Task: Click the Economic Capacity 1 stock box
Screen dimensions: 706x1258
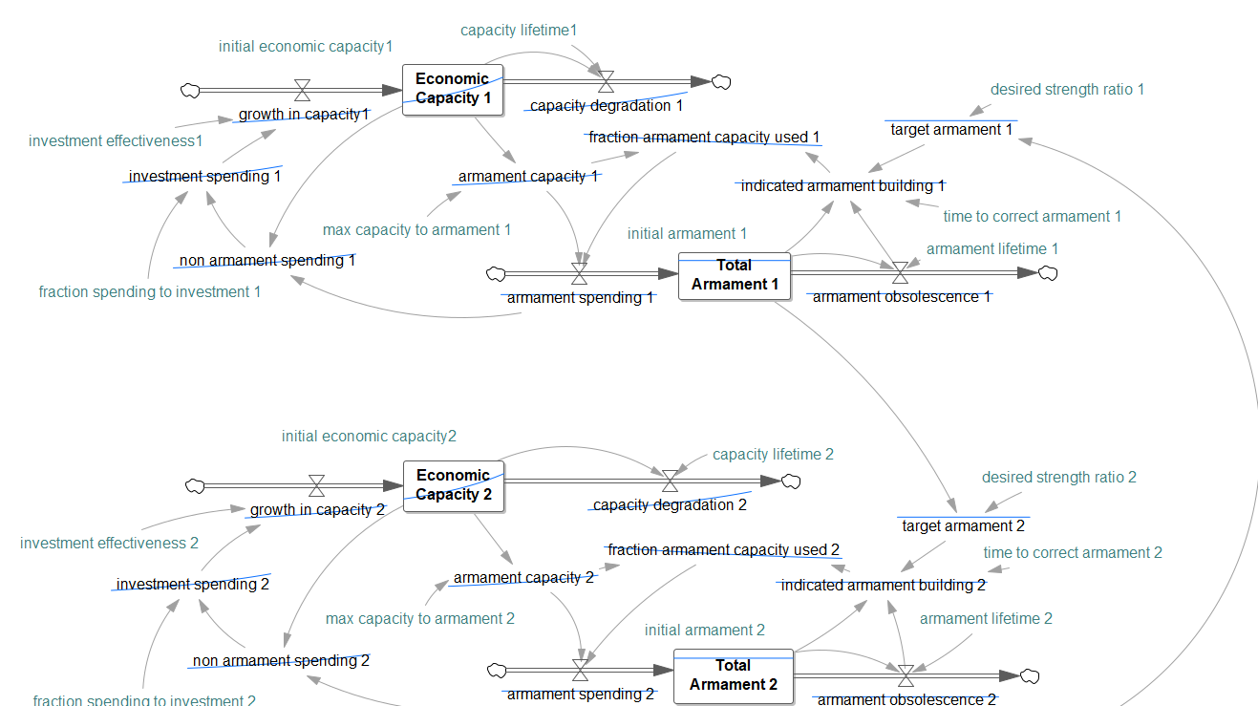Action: coord(453,89)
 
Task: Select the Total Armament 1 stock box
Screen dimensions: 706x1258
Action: coord(735,275)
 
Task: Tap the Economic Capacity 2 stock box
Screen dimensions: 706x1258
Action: coord(454,485)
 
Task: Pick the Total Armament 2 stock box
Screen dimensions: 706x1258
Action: coord(734,674)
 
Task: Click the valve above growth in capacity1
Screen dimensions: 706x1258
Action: coord(303,91)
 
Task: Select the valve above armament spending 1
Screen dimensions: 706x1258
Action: coord(579,275)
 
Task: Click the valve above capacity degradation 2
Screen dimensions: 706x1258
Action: coord(671,481)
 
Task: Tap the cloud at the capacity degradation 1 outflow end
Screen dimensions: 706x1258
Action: coord(721,82)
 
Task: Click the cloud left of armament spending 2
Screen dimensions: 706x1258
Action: coord(496,671)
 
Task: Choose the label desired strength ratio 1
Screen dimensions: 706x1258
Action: coord(1067,90)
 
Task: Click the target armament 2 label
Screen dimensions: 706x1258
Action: coord(963,525)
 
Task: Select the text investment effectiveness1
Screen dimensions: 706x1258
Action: coord(116,141)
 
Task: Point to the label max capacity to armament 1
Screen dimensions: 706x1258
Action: coord(416,230)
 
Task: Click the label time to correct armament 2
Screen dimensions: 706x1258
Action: coord(1073,553)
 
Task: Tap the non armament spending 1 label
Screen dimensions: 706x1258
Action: coord(267,260)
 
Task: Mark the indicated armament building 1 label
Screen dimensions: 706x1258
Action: coord(842,186)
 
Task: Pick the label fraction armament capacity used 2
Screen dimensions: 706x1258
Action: coord(723,550)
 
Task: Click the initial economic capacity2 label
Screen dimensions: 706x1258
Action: coord(369,437)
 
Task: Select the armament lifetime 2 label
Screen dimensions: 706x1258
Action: coord(986,619)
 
